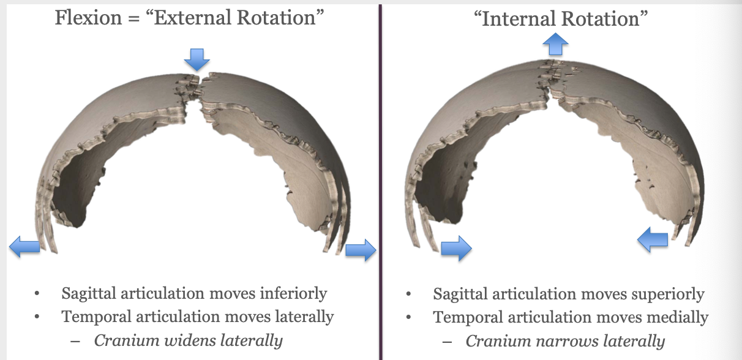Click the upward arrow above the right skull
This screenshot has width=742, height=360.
555,44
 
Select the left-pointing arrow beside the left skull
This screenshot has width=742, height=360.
24,247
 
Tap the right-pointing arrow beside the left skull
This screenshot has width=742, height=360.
361,250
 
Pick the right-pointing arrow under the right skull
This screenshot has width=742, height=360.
456,248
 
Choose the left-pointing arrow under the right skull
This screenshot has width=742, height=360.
653,238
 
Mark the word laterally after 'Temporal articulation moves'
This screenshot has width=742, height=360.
298,317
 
